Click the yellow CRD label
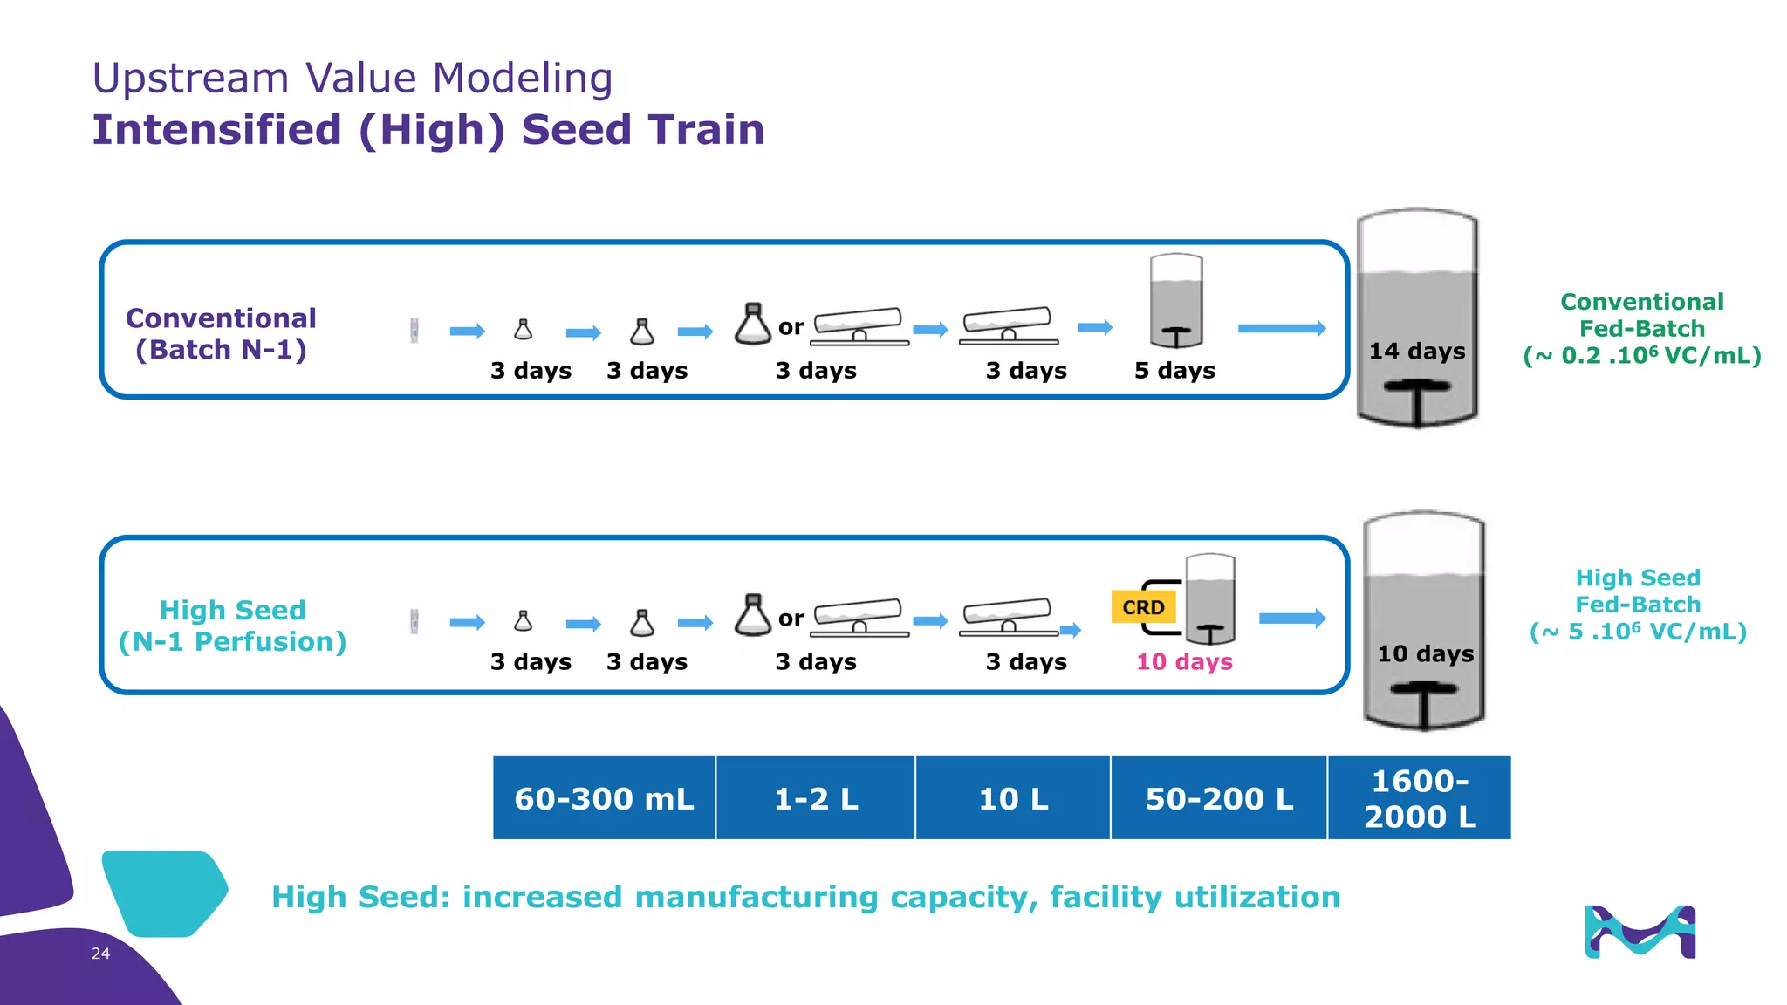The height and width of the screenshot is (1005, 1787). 1143,607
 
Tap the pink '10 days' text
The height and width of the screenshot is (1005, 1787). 1184,662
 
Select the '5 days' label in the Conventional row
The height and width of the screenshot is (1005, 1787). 1174,371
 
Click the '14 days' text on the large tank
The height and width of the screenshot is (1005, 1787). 1417,352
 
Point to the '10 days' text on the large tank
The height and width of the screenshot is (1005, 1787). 1426,654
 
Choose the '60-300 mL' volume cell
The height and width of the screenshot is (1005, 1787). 604,798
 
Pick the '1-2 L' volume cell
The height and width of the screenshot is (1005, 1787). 816,798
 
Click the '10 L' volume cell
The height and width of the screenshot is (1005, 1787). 1013,798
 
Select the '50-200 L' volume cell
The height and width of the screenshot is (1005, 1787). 1219,798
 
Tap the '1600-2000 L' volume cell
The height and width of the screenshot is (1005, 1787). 1420,798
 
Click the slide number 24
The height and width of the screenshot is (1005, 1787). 100,954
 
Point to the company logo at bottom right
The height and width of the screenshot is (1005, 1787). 1640,933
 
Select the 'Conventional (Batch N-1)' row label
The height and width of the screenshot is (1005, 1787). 221,334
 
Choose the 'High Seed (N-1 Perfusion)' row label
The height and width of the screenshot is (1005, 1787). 232,626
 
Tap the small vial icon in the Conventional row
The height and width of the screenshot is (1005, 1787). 414,331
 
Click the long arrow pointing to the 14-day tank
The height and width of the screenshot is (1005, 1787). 1281,328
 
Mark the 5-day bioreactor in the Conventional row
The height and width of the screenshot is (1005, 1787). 1176,301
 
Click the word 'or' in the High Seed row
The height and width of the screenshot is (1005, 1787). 791,619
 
